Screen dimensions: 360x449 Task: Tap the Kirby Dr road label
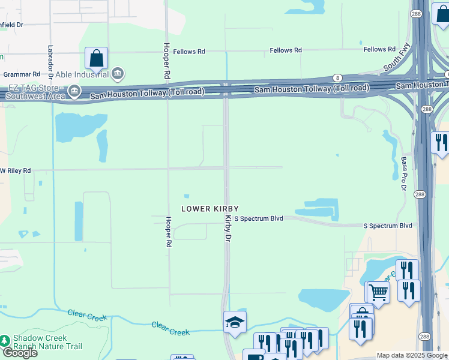click(x=228, y=229)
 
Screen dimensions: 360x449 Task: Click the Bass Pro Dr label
click(x=403, y=174)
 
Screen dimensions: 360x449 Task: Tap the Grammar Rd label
click(x=21, y=74)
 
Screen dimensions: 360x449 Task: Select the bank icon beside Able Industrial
click(x=118, y=74)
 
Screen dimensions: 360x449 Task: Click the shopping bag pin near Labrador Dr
click(x=96, y=58)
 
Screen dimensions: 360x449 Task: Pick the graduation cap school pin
click(x=235, y=322)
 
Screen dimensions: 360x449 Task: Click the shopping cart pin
click(x=378, y=292)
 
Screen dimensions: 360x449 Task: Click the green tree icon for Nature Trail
click(x=5, y=340)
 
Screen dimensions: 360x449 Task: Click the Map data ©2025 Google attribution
click(x=412, y=356)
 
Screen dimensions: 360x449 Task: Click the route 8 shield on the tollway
click(x=338, y=79)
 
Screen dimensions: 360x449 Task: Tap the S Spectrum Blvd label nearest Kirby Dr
click(x=259, y=219)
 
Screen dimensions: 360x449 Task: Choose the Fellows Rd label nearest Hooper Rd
click(x=189, y=52)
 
